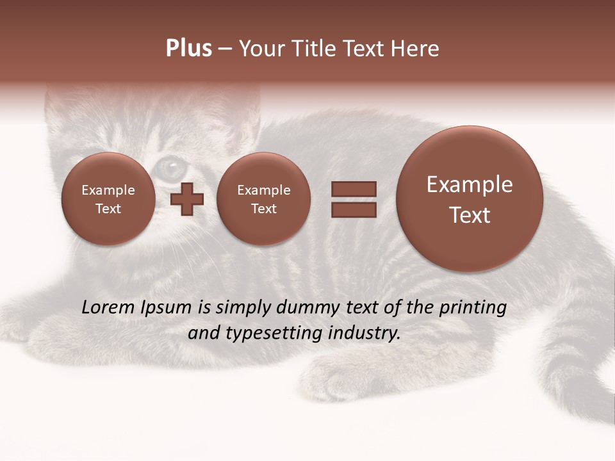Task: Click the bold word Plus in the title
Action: pos(188,49)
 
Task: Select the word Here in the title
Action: pos(416,49)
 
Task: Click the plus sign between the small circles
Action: pos(187,199)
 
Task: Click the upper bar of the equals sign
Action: pos(353,189)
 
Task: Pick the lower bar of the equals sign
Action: pos(353,210)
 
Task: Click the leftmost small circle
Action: pos(108,199)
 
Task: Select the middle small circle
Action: pos(264,199)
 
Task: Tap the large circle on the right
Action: pos(470,199)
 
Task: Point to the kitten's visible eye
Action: pos(170,168)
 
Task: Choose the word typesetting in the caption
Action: pos(276,334)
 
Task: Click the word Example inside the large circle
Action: pos(470,184)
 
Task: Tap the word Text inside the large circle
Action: pos(470,215)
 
